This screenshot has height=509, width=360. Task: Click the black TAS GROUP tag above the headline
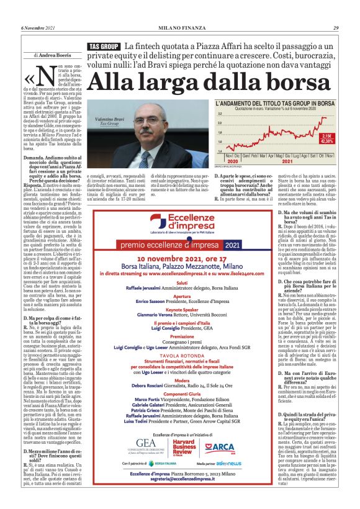tap(104, 47)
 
